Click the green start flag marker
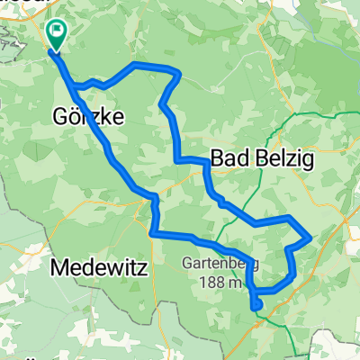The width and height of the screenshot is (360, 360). pyautogui.click(x=57, y=34)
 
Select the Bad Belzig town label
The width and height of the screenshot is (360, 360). pyautogui.click(x=261, y=158)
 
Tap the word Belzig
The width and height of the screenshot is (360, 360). pyautogui.click(x=280, y=158)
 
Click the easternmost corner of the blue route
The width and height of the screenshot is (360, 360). pyautogui.click(x=310, y=238)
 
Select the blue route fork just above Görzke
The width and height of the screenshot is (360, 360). pyautogui.click(x=76, y=86)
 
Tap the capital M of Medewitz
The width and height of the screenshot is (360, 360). pyautogui.click(x=61, y=266)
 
